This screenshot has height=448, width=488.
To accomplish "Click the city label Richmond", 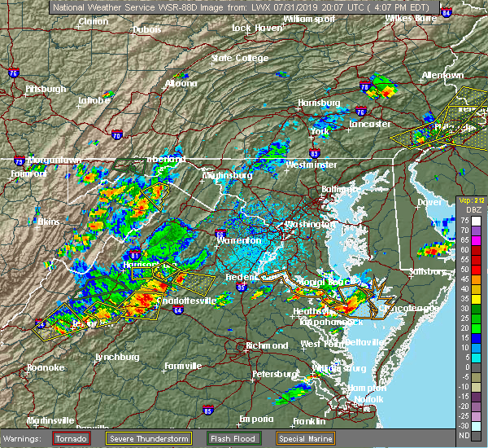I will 267,345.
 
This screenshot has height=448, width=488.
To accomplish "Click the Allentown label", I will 442,75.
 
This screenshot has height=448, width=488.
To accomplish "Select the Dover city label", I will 429,201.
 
